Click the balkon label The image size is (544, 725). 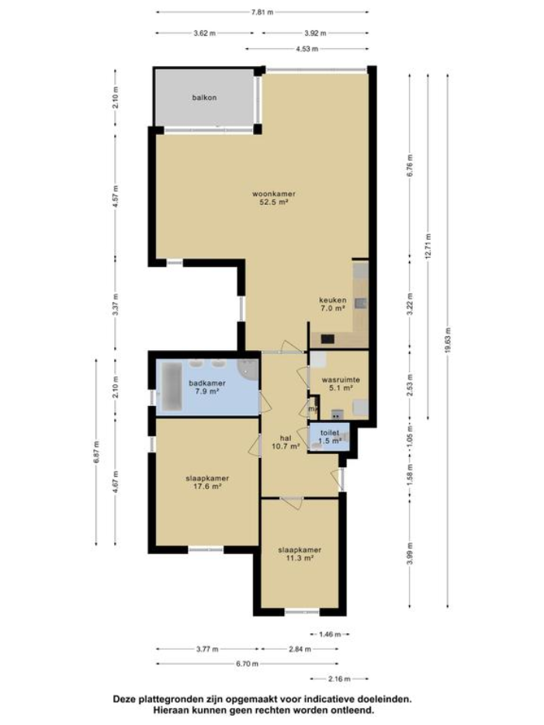tap(204, 98)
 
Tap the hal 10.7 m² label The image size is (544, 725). tap(286, 442)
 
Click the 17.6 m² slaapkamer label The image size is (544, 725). tap(207, 482)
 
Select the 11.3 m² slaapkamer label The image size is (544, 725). tap(300, 554)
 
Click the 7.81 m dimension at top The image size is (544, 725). tap(262, 12)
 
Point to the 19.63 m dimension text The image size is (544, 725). tap(448, 340)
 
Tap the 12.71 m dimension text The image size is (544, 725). tap(428, 246)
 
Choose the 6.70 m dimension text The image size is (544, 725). tap(247, 664)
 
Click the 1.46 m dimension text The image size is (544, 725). tap(330, 634)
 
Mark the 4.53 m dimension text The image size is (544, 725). tap(307, 49)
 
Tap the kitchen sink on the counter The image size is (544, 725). tap(361, 304)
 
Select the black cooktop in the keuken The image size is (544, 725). tap(327, 339)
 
